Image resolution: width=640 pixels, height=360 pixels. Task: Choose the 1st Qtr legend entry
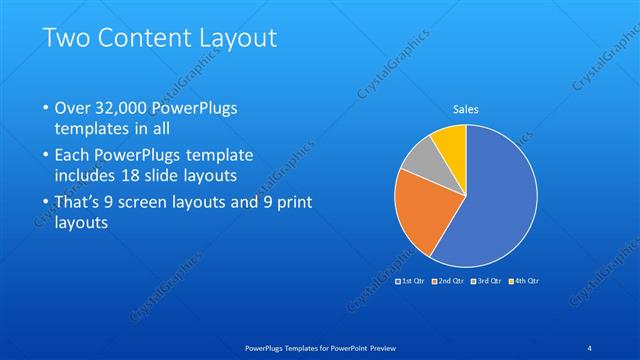pyautogui.click(x=413, y=283)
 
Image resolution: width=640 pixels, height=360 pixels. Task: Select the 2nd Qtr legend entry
pyautogui.click(x=450, y=283)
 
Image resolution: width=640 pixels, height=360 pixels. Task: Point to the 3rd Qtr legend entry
pyautogui.click(x=487, y=283)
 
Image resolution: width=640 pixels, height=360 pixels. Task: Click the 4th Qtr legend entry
pyautogui.click(x=524, y=283)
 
